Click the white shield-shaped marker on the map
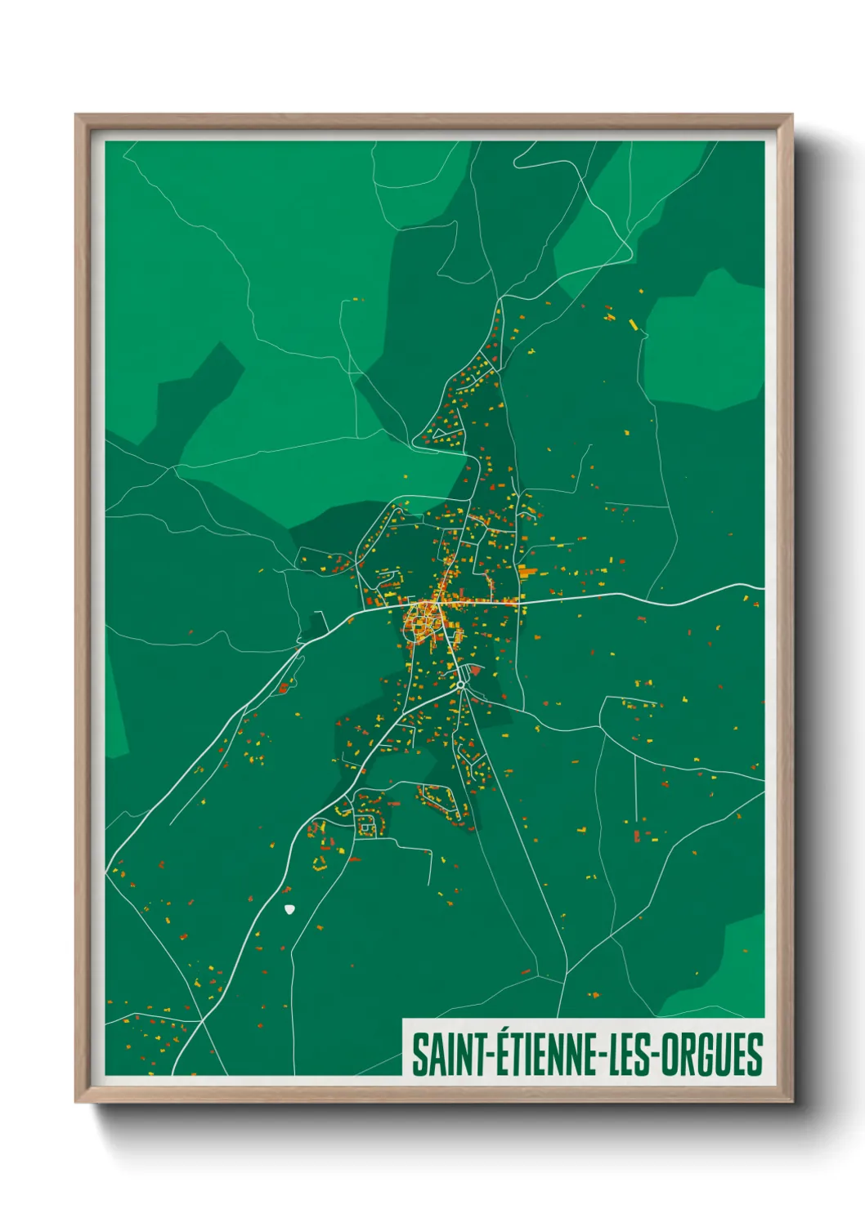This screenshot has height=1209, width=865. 289,908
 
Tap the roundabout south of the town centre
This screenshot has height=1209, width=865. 462,684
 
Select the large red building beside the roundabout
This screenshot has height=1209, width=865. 477,671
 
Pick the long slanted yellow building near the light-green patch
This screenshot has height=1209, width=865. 633,324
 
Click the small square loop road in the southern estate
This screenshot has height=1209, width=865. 365,828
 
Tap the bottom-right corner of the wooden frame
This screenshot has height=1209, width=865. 791,1100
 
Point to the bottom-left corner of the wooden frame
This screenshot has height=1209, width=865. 77,1100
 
